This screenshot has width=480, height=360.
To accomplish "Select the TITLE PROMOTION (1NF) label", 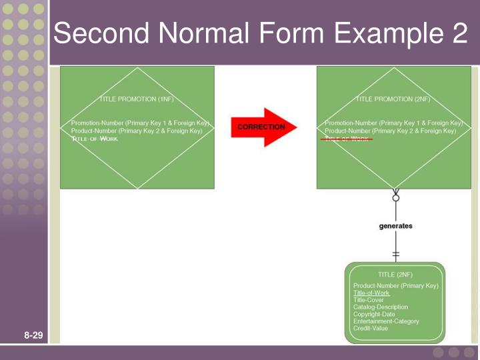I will tap(137, 99).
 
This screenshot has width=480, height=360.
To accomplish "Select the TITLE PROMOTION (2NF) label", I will tap(393, 99).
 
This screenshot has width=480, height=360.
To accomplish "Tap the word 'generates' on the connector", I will tap(395, 226).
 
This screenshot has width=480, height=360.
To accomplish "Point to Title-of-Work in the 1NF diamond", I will tap(95, 139).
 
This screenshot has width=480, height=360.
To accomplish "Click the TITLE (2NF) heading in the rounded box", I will tap(395, 275).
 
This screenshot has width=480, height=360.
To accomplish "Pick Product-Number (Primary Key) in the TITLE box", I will tap(395, 286).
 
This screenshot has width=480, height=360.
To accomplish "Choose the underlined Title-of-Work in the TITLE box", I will tap(371, 293).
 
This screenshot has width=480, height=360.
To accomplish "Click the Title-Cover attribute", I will tap(369, 300).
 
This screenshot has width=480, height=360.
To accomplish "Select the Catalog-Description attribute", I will tap(381, 307).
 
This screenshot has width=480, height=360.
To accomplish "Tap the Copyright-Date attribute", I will tap(374, 314).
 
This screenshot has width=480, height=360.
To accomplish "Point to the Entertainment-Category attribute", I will tap(386, 321).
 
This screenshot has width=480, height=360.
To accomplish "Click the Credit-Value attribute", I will tap(370, 329).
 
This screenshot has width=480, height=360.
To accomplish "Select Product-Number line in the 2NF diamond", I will tap(390, 131).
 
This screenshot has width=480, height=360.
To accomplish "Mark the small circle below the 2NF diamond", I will tap(396, 197).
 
